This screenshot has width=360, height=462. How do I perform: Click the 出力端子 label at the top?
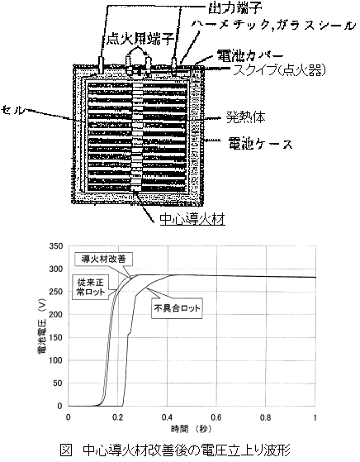coord(234,8)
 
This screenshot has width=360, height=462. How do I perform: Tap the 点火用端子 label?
coord(140,39)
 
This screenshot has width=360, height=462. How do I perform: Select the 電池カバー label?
coord(250,55)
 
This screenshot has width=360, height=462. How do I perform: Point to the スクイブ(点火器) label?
coord(279,70)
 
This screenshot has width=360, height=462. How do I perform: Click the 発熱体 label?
coord(246,117)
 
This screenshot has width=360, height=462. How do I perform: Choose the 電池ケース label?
coord(261,145)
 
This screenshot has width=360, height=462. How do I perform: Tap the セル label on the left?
coord(12,110)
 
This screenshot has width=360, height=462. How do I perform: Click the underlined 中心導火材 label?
coord(192,219)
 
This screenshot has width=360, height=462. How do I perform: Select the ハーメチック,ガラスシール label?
coord(272,26)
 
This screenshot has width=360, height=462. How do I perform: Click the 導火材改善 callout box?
coord(103,259)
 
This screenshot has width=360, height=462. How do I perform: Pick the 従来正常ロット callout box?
coord(91,288)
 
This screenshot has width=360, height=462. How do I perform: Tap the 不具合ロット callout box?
coord(177,308)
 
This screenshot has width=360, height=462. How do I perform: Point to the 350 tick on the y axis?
coord(56,246)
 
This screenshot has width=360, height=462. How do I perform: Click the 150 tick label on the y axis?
coord(56,338)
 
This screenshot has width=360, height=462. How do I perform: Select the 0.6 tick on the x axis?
coord(216,417)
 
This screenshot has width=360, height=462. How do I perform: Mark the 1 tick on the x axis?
coord(315,417)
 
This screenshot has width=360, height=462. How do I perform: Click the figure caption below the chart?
coord(175,450)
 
